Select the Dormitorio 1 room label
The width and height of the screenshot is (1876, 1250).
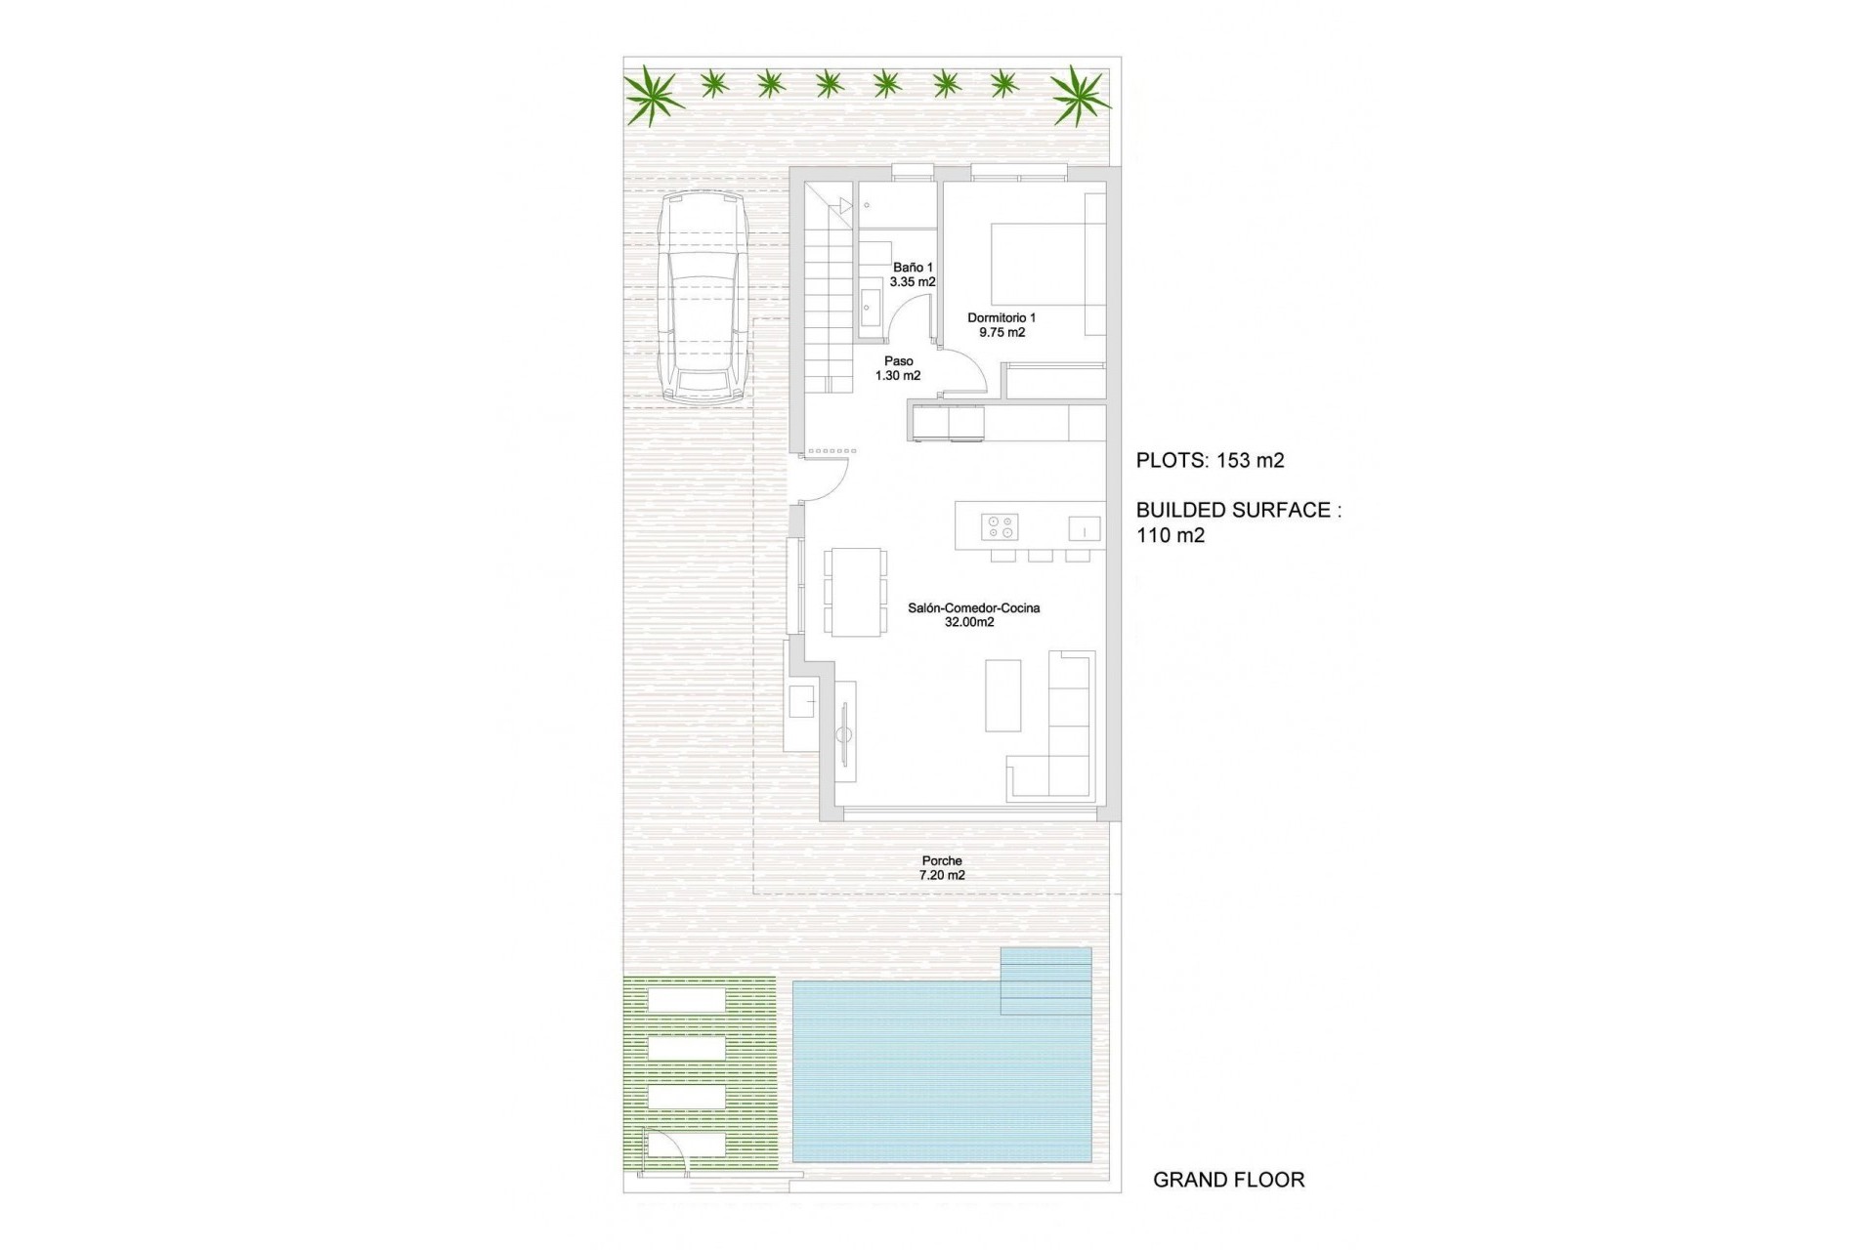tap(1002, 324)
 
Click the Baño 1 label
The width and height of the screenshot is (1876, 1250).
tap(913, 274)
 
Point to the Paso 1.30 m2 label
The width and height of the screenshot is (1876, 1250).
tap(898, 368)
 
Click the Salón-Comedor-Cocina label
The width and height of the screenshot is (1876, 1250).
tap(973, 614)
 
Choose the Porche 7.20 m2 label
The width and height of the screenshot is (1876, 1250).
tap(942, 868)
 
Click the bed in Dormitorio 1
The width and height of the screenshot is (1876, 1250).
tap(1038, 265)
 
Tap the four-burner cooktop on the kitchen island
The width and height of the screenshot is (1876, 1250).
tap(1000, 527)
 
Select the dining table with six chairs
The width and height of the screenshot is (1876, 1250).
tap(855, 593)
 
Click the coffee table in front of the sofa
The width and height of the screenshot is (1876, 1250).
tap(1002, 695)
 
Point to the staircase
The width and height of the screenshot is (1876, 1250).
tap(831, 293)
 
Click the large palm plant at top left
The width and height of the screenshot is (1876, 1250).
tap(654, 96)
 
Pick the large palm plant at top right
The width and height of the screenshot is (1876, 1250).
tap(1080, 95)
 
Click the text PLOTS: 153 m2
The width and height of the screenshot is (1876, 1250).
tap(1210, 461)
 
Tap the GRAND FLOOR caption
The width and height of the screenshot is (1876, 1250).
tap(1228, 1180)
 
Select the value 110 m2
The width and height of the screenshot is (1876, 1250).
tap(1171, 535)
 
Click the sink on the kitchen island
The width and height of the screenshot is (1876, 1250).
tap(1084, 528)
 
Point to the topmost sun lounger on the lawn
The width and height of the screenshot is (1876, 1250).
tap(688, 1001)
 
